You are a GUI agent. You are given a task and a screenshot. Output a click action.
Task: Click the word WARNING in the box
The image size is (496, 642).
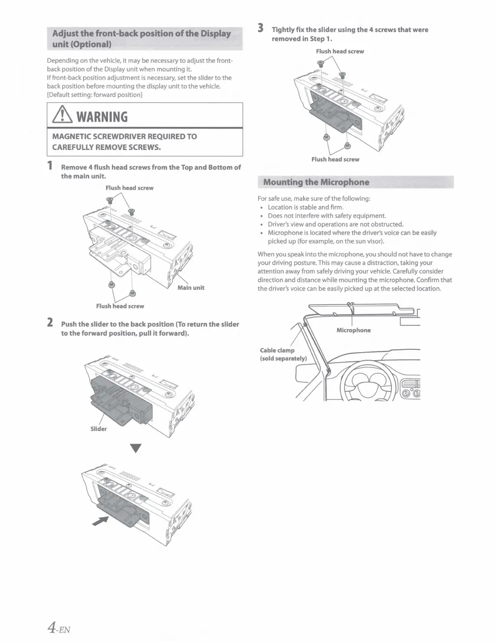point(102,117)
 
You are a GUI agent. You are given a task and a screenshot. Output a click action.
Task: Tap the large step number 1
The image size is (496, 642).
point(50,166)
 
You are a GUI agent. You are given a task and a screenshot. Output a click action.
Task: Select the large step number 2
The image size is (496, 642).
point(50,323)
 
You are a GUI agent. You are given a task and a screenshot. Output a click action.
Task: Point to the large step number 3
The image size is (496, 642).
point(261,28)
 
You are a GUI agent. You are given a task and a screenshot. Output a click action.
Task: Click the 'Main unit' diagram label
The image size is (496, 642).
point(191,288)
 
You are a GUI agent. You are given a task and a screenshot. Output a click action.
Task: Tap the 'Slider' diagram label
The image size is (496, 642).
point(98,429)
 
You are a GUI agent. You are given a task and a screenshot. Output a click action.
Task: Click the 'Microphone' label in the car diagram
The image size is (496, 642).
point(353,330)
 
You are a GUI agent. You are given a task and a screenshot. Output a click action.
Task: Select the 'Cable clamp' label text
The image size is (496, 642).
point(277,350)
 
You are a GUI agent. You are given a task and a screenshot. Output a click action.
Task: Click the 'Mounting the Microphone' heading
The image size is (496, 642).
point(316,182)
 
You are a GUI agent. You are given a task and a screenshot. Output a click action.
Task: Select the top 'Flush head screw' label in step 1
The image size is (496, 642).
point(130,188)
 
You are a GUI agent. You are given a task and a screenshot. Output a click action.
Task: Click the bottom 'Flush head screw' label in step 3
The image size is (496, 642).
point(335,159)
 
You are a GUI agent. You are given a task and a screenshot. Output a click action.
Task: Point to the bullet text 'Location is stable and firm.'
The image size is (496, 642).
point(306,207)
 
